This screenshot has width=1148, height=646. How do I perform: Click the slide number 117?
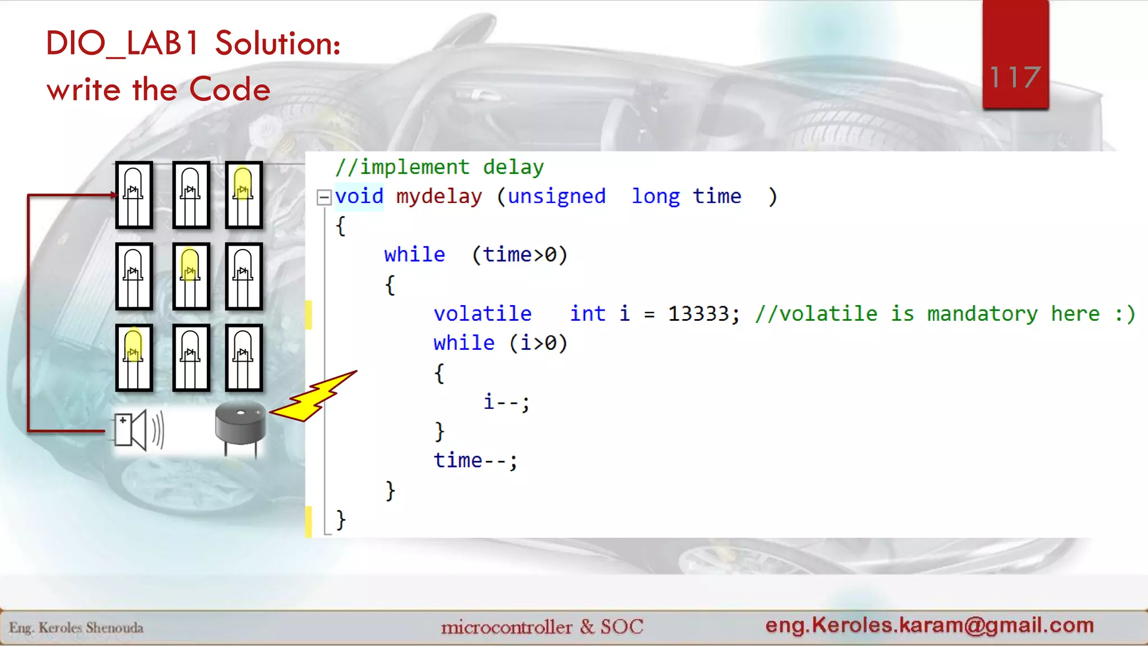tap(1015, 77)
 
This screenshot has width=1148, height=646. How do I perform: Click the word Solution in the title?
tap(277, 44)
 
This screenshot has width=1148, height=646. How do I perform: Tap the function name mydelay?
tap(439, 197)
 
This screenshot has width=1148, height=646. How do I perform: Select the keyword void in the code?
tap(359, 197)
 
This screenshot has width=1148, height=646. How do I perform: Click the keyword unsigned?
tap(557, 197)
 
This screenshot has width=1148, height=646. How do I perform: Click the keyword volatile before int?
tap(483, 314)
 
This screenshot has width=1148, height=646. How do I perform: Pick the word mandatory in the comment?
tap(982, 314)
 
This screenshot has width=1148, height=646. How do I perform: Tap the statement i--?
tap(506, 402)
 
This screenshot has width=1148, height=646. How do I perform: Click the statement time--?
tap(475, 461)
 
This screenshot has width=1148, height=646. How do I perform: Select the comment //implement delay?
tap(439, 167)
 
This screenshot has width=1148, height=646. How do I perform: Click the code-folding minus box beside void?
tap(324, 197)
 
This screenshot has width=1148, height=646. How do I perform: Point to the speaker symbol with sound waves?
tap(138, 430)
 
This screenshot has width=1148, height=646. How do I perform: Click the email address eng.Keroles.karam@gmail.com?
tap(929, 625)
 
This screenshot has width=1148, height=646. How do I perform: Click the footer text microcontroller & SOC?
tap(542, 627)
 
